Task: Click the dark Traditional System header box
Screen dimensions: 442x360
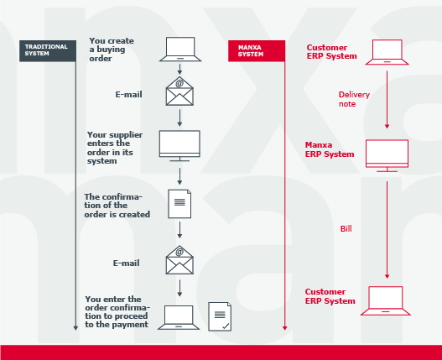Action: tap(48, 51)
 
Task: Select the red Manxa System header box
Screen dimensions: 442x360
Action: tap(257, 51)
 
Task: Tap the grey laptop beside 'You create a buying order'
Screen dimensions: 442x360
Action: tap(180, 49)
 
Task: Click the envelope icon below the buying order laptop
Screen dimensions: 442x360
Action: tap(179, 91)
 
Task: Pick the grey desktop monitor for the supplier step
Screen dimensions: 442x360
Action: tap(179, 146)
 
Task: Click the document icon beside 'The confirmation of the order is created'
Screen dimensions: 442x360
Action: tap(179, 204)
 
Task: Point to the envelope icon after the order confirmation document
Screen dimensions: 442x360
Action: tap(179, 260)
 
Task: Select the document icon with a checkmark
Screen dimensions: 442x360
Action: tap(220, 316)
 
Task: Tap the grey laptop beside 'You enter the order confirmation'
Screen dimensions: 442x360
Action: tap(179, 317)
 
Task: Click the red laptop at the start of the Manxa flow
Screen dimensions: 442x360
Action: tap(387, 52)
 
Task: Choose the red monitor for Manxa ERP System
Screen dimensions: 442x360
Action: tap(387, 156)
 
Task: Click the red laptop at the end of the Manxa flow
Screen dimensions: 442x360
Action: tap(386, 300)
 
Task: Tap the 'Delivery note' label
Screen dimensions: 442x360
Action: tap(354, 99)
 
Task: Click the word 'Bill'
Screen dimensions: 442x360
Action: tap(346, 228)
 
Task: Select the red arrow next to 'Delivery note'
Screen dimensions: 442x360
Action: tap(387, 100)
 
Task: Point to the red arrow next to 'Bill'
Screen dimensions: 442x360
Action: tap(387, 230)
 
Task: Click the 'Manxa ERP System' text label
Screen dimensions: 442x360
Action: tap(330, 149)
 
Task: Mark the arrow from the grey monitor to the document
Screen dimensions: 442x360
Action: tap(179, 176)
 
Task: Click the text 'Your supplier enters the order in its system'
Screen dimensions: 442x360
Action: tap(115, 148)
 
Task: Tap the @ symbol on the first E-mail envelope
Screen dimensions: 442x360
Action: tap(179, 83)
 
